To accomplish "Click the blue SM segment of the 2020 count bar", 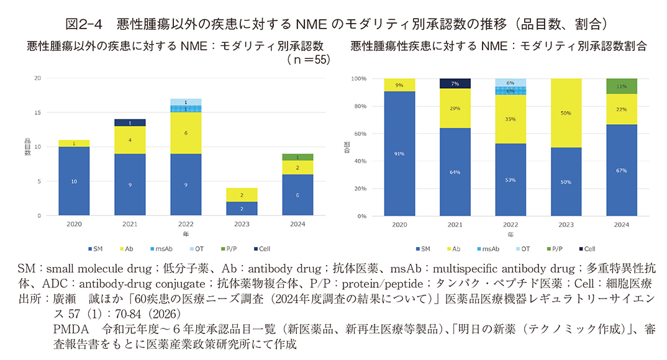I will [75, 181].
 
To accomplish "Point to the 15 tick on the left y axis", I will [38, 112].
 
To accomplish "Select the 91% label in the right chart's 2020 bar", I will [399, 154].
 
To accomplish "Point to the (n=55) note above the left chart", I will [308, 60].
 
